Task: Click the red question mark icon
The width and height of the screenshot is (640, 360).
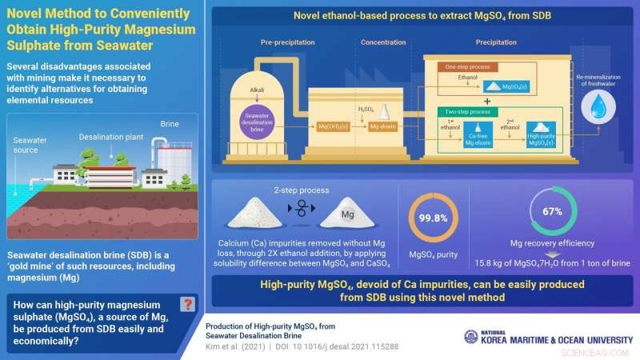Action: pyautogui.click(x=187, y=304)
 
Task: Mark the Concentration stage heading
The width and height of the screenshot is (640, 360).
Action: pyautogui.click(x=384, y=42)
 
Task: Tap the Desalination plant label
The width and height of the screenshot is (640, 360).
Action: pyautogui.click(x=105, y=137)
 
